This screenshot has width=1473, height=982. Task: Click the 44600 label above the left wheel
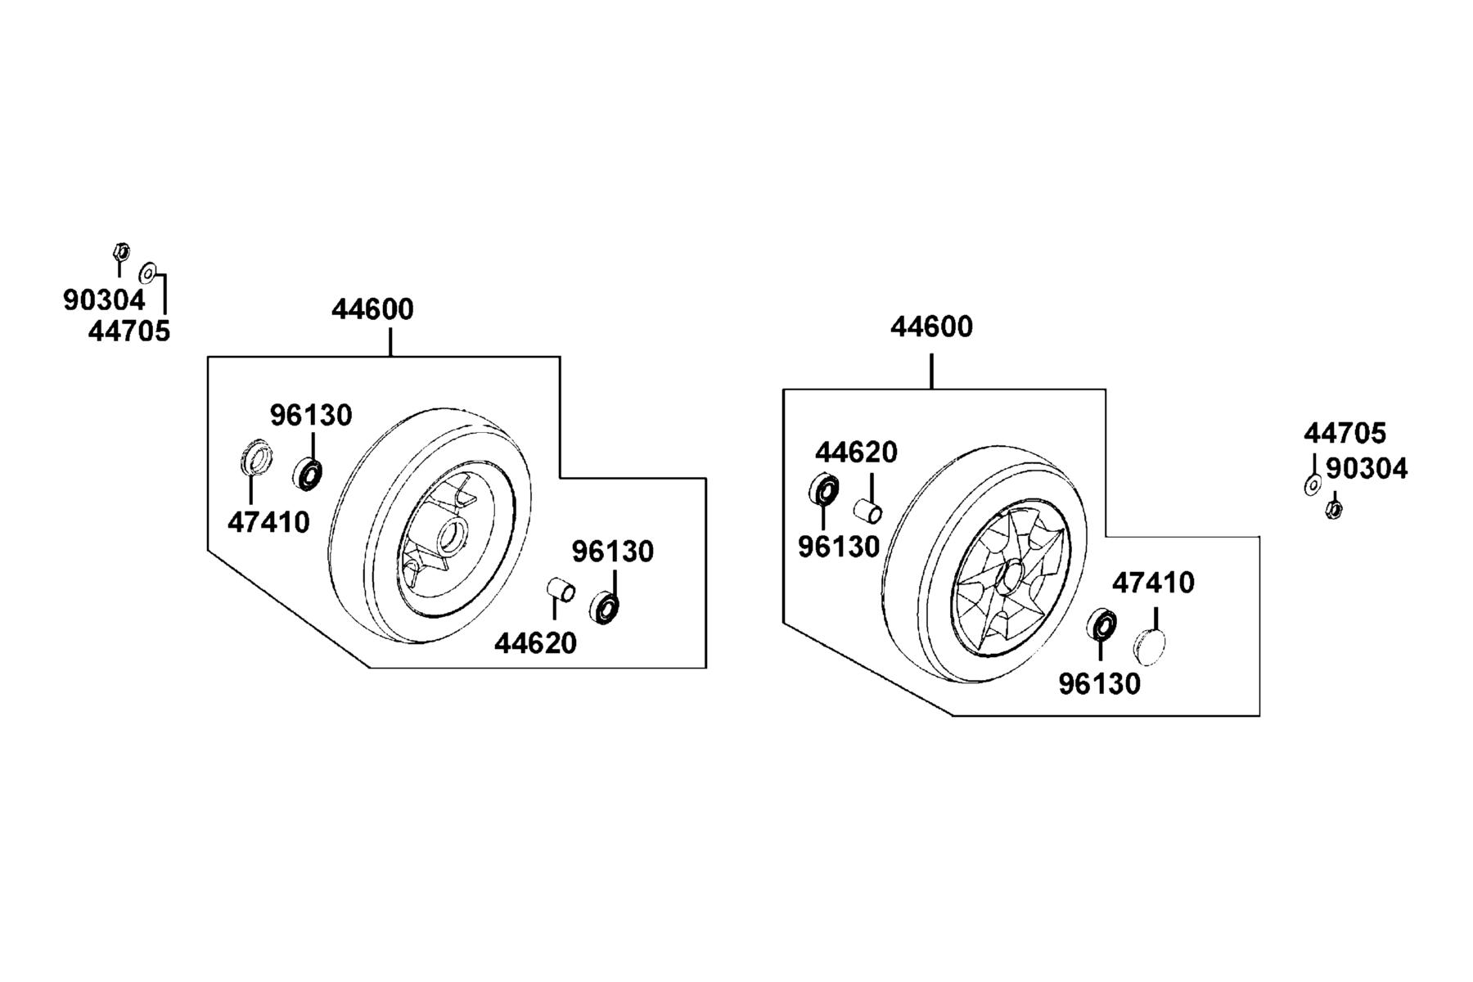click(x=372, y=309)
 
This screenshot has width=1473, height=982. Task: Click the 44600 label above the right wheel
click(x=931, y=327)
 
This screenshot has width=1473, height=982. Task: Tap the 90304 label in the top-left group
click(x=104, y=300)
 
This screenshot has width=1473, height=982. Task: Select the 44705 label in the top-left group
click(x=129, y=331)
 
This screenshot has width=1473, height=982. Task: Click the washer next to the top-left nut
click(x=148, y=272)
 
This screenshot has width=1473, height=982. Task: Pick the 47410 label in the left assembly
click(x=268, y=522)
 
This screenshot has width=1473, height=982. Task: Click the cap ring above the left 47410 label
click(x=256, y=457)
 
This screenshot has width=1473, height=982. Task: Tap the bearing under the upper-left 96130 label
click(x=308, y=474)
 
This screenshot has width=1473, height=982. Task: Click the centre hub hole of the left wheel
click(x=448, y=537)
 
